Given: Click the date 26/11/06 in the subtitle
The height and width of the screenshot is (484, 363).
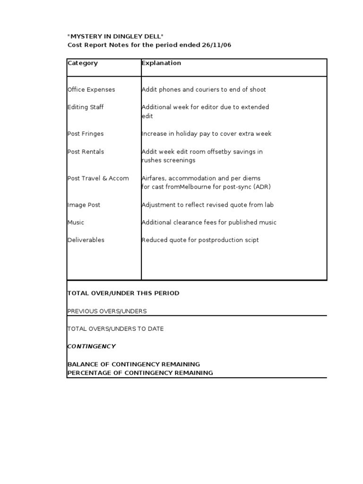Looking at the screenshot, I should click(217, 45).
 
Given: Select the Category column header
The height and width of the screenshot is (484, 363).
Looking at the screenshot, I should click(83, 63).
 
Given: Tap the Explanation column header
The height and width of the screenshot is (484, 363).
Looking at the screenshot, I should click(161, 63).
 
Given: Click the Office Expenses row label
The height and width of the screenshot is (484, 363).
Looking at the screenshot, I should click(91, 89).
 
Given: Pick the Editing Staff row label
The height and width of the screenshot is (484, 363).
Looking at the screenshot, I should click(86, 107).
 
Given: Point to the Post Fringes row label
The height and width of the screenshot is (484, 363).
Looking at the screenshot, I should click(86, 134).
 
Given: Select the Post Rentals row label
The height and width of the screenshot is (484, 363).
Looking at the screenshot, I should click(86, 152).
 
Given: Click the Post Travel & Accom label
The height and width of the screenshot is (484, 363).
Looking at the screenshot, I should click(98, 178).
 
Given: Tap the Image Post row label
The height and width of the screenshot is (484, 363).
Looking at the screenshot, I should click(84, 205).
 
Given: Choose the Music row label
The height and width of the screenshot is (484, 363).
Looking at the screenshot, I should click(76, 222).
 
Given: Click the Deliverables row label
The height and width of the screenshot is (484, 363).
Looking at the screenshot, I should click(86, 240).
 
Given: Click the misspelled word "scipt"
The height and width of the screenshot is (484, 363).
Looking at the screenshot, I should click(251, 240).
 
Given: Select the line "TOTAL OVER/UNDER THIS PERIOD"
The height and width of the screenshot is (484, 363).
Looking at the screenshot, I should click(123, 293).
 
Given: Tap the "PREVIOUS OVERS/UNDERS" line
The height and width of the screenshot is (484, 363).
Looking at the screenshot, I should click(107, 311).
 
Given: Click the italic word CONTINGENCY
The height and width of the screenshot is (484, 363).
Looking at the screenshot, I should click(92, 346).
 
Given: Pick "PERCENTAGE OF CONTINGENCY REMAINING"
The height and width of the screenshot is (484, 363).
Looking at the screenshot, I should click(140, 373).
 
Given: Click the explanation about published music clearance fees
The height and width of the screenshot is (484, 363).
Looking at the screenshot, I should click(209, 222).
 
